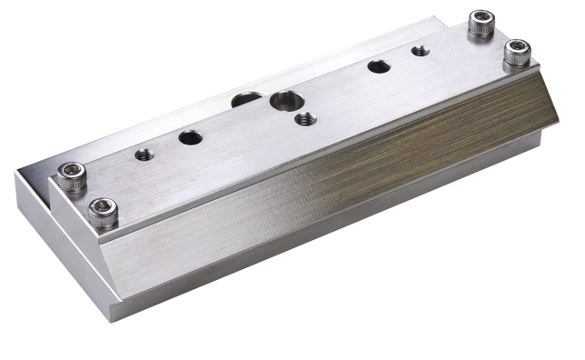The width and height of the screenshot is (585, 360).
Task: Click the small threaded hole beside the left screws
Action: (142, 154)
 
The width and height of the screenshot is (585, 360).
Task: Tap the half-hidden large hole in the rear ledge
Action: (243, 100)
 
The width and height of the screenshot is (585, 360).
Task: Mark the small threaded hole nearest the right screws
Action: (418, 51)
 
